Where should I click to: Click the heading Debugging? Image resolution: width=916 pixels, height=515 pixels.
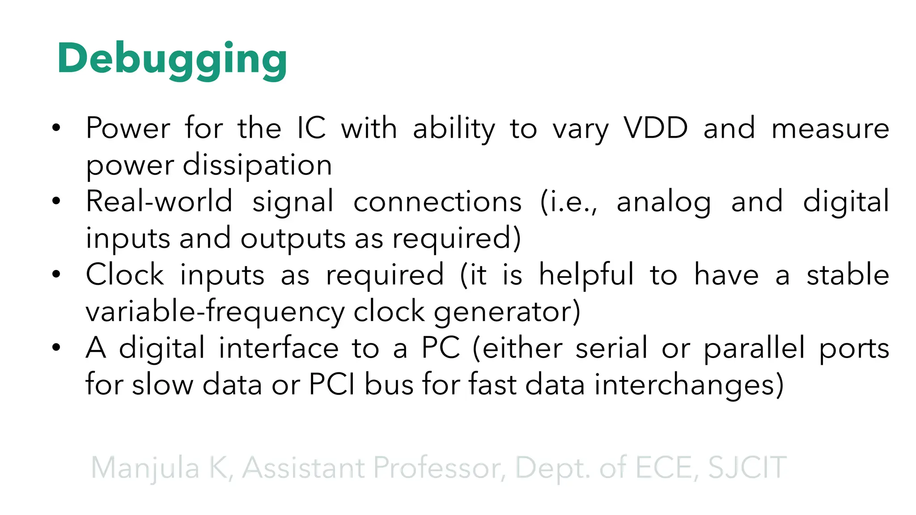(x=172, y=59)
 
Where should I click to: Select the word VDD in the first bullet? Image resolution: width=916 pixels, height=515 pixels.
(x=656, y=128)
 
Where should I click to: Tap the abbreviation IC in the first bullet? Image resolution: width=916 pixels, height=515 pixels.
(x=311, y=128)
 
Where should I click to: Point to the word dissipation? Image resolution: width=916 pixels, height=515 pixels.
(x=257, y=165)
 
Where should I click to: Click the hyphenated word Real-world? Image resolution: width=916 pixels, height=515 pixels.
(x=159, y=202)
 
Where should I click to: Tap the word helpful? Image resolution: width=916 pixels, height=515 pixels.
(x=586, y=274)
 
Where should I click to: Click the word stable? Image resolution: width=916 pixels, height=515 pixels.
(x=848, y=274)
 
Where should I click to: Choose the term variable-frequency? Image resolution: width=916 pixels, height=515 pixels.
(x=215, y=312)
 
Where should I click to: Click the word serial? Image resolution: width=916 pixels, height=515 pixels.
(x=611, y=348)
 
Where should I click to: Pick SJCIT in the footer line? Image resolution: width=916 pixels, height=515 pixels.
(x=747, y=468)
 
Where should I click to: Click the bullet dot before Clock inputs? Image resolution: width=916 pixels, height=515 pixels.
(x=56, y=274)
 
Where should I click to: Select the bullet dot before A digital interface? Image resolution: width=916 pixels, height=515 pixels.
(x=56, y=347)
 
